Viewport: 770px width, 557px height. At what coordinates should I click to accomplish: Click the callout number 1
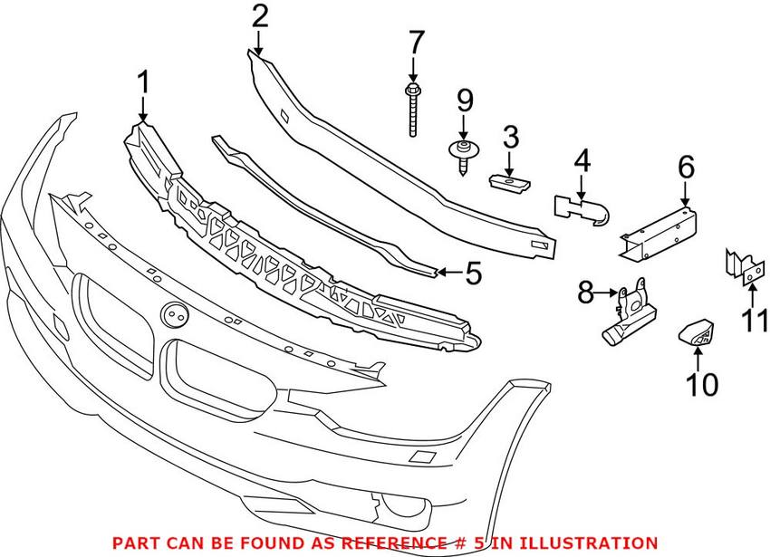click(x=142, y=86)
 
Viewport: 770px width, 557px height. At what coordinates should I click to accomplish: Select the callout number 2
click(x=259, y=16)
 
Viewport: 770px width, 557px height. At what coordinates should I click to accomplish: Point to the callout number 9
click(x=464, y=99)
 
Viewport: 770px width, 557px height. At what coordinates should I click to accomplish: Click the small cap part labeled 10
click(x=697, y=334)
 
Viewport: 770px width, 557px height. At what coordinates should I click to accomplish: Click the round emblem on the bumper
click(x=172, y=315)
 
